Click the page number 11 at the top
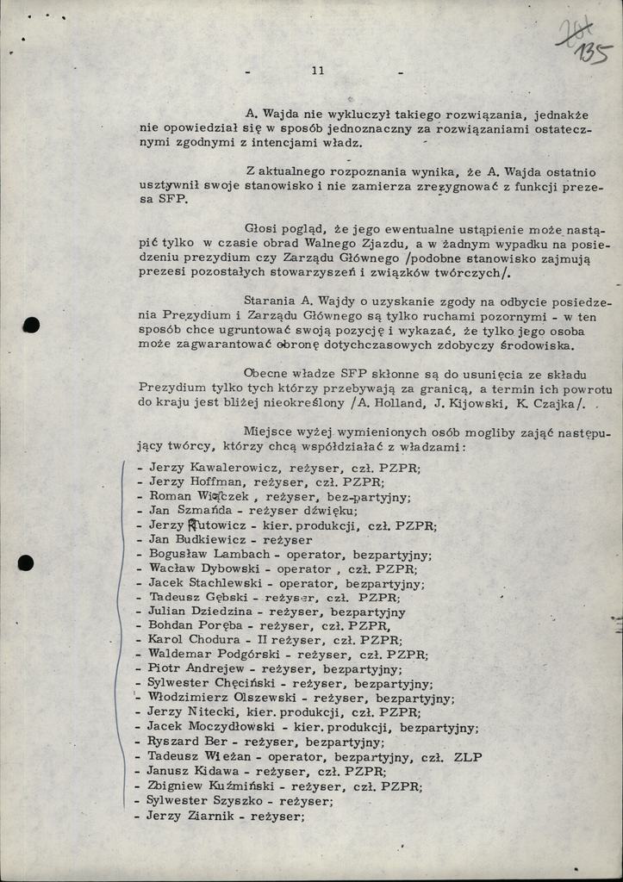(x=318, y=71)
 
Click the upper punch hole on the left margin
(x=31, y=325)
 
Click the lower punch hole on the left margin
(x=26, y=562)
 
